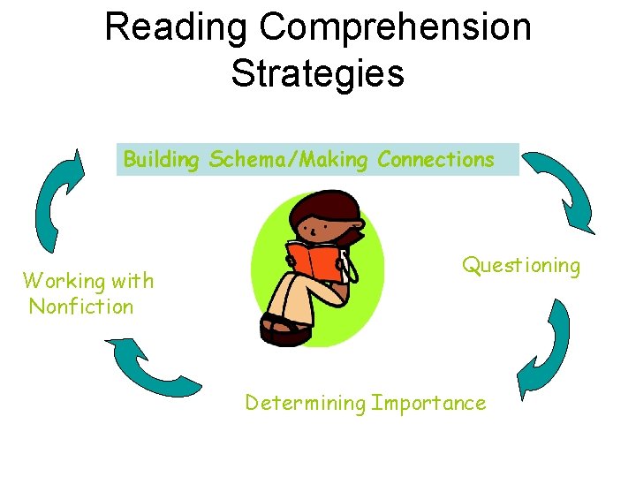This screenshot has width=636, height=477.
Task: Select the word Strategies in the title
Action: coord(318,73)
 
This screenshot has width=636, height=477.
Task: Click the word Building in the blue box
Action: coord(163,160)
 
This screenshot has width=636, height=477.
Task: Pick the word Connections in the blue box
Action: coord(435,160)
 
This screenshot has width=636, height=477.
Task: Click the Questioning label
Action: coord(521,266)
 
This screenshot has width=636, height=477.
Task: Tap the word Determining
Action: coord(305,404)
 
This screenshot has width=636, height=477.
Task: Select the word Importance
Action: coord(429,404)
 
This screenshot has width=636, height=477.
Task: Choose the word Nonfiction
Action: coord(81,307)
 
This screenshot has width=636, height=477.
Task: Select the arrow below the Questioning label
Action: coord(543,349)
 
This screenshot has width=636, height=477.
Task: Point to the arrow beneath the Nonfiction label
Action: coord(150,367)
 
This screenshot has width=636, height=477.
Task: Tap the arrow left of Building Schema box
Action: coord(58,200)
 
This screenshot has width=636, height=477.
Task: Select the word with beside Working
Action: coord(132,281)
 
